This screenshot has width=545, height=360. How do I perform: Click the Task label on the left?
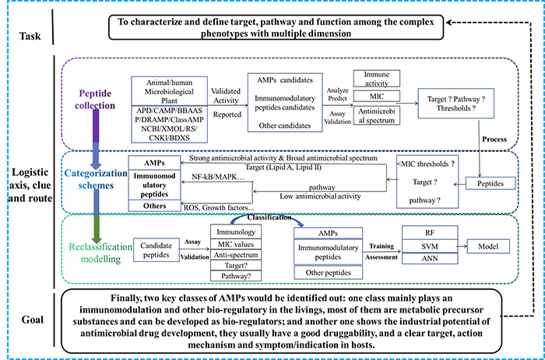[26, 34]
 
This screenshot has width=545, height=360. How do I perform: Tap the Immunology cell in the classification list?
[236, 233]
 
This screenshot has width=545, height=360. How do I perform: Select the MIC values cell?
[236, 248]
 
